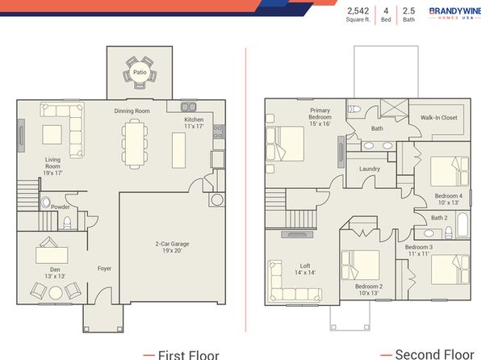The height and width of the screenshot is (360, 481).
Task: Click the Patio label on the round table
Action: point(140,73)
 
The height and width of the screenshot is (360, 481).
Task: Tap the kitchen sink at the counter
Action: point(188,107)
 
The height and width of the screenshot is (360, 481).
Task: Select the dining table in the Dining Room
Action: point(134,144)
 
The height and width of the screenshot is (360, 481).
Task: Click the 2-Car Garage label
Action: point(172,244)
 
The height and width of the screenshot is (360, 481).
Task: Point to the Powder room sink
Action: point(46,203)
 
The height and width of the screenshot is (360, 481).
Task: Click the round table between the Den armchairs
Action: point(56,293)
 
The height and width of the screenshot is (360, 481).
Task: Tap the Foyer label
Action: point(104,269)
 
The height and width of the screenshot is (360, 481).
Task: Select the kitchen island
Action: point(178,150)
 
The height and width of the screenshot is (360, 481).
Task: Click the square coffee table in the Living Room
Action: point(52,135)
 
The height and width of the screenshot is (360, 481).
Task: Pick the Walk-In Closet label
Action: point(439,118)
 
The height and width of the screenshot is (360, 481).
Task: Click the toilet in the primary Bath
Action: point(354,109)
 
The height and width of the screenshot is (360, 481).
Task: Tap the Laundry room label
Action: point(370,169)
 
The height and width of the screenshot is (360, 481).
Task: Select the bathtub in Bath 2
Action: point(462,224)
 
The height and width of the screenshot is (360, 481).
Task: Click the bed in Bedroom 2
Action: point(361,265)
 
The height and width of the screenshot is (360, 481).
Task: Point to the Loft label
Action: point(305,266)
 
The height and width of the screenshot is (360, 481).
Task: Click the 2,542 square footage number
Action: point(358,11)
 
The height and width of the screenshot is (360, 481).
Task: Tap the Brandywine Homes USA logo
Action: point(455,13)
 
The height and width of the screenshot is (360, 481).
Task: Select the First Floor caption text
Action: point(188,355)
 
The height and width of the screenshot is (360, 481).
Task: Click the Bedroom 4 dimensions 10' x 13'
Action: point(449,203)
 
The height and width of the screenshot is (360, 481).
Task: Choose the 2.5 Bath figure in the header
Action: point(408,15)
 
